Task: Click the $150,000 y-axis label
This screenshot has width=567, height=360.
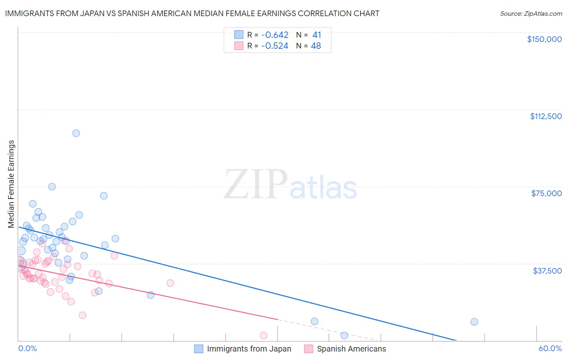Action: [x=544, y=39]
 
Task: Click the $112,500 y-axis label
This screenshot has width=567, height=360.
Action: [x=546, y=116]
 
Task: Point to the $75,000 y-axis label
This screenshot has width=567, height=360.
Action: [x=546, y=193]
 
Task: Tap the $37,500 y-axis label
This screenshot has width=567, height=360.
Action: [x=547, y=270]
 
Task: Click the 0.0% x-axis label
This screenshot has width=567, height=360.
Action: [x=27, y=348]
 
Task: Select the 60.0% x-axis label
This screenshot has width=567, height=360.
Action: [x=550, y=348]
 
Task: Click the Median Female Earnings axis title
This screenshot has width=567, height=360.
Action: [x=11, y=184]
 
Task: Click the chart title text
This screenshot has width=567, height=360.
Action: [x=192, y=13]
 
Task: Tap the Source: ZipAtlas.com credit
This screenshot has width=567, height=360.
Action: [x=531, y=14]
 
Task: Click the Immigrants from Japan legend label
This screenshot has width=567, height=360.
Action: [x=249, y=349]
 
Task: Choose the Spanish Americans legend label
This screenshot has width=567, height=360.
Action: [x=351, y=349]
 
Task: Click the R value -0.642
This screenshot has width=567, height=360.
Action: [x=275, y=35]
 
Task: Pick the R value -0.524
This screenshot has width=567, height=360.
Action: [x=275, y=46]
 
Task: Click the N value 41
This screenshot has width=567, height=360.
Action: [x=317, y=35]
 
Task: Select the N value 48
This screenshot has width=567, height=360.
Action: [x=316, y=46]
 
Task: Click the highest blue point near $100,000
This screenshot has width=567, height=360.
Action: [x=76, y=133]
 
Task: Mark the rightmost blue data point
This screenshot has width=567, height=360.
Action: [x=474, y=322]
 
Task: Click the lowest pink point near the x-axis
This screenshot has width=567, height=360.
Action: [x=264, y=335]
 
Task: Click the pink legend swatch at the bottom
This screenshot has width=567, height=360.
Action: [x=309, y=349]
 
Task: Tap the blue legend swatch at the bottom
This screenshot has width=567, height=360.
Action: [x=198, y=349]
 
